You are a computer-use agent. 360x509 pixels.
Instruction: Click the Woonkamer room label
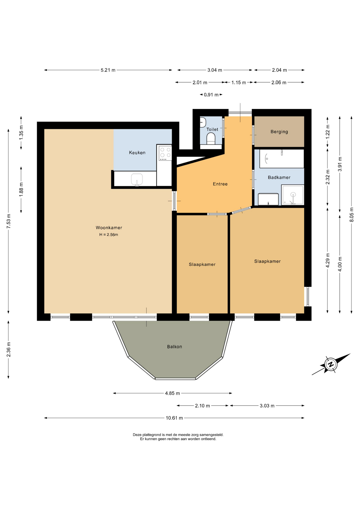(109, 228)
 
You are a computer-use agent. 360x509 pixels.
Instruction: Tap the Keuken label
(137, 153)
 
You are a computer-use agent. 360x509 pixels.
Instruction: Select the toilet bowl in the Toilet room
(211, 139)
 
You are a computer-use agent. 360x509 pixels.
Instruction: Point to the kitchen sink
(137, 180)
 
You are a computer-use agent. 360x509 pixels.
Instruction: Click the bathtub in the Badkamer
(282, 159)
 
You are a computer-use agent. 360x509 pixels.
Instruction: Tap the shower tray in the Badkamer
(293, 195)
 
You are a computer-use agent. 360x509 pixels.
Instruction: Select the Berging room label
(279, 132)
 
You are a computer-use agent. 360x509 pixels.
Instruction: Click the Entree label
(220, 184)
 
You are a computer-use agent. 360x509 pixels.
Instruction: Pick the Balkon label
(174, 347)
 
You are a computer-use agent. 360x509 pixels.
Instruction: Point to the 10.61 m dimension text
(174, 418)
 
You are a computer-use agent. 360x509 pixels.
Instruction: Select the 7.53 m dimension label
(9, 221)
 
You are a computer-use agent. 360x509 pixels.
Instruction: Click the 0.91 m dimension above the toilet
(211, 95)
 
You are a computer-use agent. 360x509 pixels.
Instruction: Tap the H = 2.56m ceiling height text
(109, 235)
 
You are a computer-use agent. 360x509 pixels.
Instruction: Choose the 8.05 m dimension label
(352, 214)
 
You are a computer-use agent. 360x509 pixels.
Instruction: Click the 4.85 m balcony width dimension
(172, 393)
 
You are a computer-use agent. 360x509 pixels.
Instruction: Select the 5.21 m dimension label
(108, 70)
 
